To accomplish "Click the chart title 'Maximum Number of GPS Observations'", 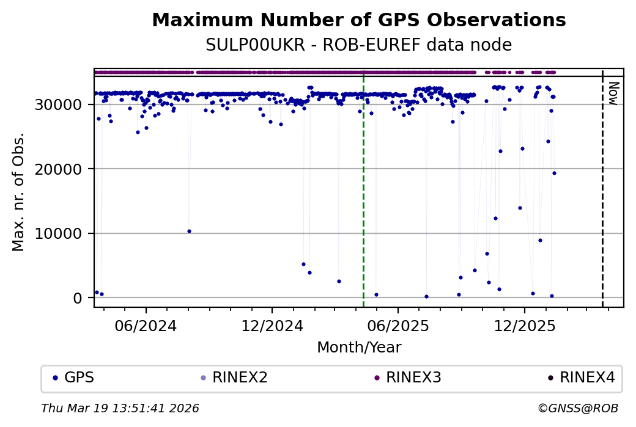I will (358, 20).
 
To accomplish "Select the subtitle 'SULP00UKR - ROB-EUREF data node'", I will (358, 45).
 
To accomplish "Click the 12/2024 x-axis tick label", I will (272, 326).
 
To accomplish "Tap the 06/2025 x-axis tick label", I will (398, 326).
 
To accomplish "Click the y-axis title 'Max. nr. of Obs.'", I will (18, 191).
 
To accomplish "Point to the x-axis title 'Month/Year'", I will (359, 348).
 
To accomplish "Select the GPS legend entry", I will (73, 378).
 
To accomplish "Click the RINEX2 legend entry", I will (235, 378).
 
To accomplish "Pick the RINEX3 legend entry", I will (408, 378).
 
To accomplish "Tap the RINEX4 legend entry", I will (582, 378).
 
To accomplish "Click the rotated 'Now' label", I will (613, 93).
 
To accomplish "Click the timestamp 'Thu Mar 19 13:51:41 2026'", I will (120, 409).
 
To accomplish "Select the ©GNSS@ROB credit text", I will (578, 409).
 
